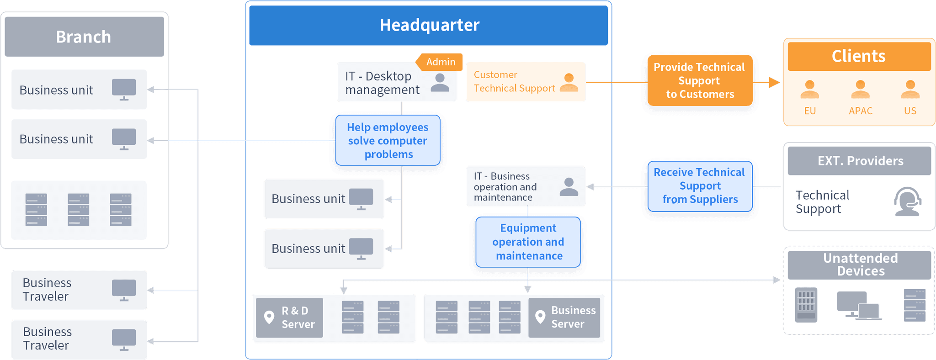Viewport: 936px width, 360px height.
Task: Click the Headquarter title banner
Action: point(429,25)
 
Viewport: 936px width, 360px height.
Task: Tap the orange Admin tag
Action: point(440,62)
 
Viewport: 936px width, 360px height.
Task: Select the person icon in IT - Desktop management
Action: point(440,83)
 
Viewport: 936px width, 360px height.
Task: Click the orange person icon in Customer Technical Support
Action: point(569,83)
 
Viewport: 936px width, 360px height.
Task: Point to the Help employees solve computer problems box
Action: point(388,141)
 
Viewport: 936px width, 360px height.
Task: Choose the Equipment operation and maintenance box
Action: point(528,242)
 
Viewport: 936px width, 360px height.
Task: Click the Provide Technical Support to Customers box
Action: point(699,81)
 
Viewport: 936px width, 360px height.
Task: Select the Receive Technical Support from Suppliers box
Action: point(699,186)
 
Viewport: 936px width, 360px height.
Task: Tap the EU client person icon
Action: point(809,90)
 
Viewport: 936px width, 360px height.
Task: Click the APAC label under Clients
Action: point(861,111)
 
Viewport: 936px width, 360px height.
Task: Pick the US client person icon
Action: point(910,90)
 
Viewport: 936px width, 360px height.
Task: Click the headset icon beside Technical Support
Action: point(907,201)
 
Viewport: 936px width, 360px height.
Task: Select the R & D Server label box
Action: point(289,318)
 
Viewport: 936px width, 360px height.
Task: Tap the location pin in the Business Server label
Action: point(540,317)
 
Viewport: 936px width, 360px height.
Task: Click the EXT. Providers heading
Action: point(860,161)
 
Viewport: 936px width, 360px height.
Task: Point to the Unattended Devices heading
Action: point(860,265)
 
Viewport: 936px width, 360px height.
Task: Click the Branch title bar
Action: point(84,37)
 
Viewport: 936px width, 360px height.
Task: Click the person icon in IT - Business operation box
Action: point(569,187)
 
